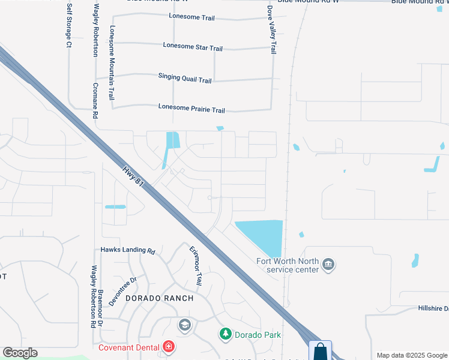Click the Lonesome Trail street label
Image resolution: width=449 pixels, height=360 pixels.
point(192,18)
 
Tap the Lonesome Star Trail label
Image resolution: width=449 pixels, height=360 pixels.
point(193,47)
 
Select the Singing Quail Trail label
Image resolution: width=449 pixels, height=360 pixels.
point(185,78)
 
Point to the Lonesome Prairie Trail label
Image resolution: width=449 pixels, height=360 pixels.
point(191,110)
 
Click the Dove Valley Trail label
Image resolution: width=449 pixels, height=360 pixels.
point(273,30)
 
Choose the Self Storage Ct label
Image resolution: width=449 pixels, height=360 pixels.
point(69,25)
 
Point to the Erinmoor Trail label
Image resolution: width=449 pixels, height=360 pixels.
point(196,266)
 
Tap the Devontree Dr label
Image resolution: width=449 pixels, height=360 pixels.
point(124,291)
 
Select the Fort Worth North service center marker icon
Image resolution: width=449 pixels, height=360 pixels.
point(328,265)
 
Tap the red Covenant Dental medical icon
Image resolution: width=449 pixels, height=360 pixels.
point(169,347)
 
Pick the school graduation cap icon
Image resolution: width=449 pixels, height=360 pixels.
point(184,325)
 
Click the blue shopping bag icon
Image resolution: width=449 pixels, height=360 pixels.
point(320,350)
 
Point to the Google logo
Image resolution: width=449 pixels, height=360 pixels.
point(20,353)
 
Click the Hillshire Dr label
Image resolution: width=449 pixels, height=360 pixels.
point(433,308)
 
